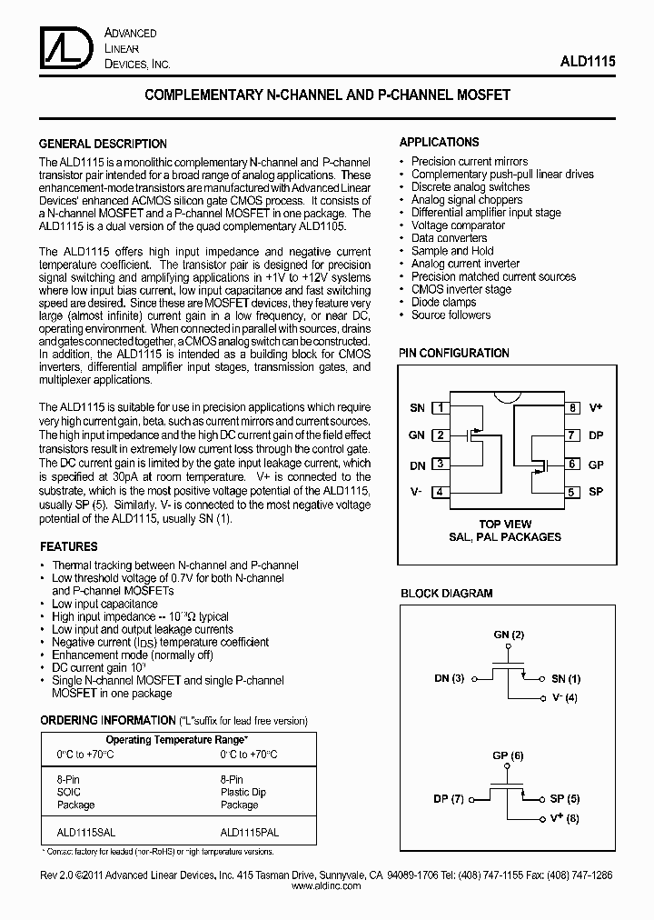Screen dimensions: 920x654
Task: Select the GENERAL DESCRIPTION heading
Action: [103, 144]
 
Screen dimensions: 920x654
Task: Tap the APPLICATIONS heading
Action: [440, 143]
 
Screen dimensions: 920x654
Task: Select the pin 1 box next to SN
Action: [440, 408]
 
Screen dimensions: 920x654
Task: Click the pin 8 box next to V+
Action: [572, 408]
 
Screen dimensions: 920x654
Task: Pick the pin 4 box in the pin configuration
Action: [440, 493]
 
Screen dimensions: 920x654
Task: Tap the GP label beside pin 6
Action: [596, 465]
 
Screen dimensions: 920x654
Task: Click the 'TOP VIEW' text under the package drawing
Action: [505, 525]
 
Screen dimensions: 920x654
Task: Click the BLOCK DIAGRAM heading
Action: [447, 594]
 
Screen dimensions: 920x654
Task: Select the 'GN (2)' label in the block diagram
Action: [509, 634]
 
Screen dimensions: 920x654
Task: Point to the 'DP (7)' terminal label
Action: [449, 799]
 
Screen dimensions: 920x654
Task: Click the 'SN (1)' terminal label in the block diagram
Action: [565, 678]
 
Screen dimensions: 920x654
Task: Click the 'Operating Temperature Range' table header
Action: [177, 740]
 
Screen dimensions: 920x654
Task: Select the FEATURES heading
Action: [69, 547]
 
